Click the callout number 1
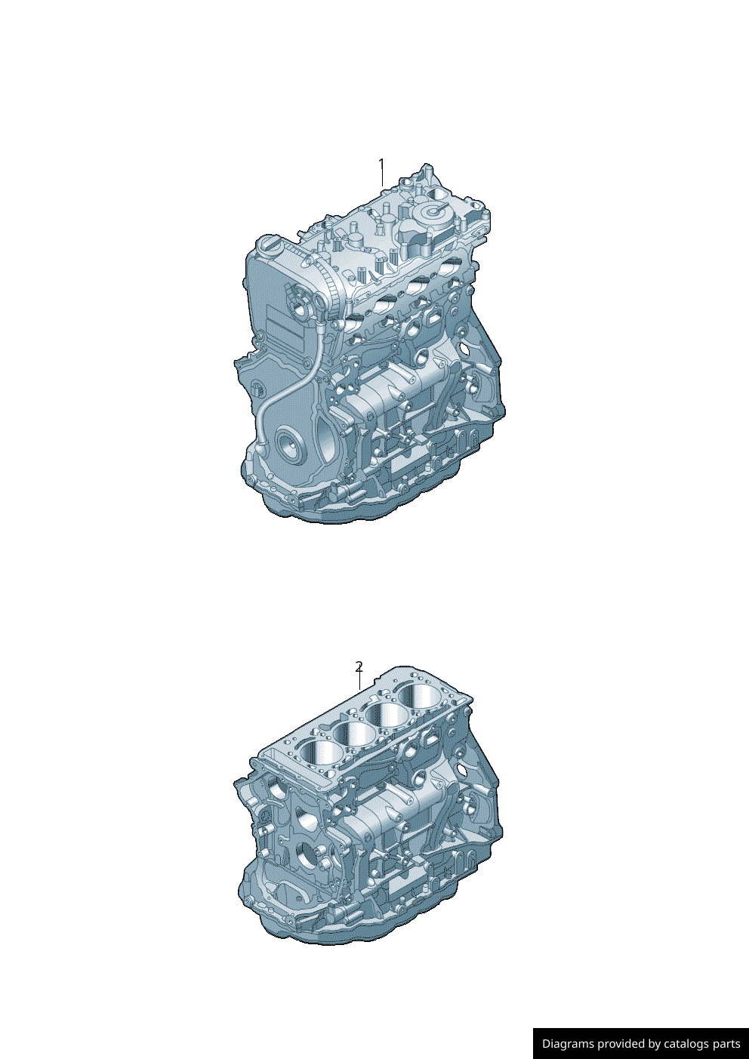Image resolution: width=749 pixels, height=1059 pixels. (x=381, y=165)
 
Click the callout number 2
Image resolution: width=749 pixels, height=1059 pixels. (x=359, y=667)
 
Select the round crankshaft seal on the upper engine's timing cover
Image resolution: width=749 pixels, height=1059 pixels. (x=288, y=446)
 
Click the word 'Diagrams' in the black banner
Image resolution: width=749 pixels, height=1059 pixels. (x=568, y=1044)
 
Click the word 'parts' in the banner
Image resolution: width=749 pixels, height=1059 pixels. (x=727, y=1044)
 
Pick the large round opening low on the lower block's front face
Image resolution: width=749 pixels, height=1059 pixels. (x=307, y=857)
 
